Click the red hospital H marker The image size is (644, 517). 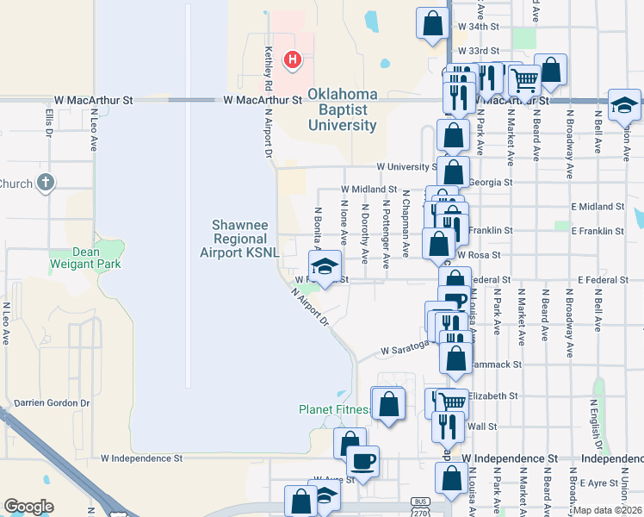click(x=293, y=59)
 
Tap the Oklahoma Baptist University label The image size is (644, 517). click(x=343, y=109)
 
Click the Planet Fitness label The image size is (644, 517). click(x=333, y=409)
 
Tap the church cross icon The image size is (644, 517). click(x=46, y=183)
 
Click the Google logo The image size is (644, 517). click(x=28, y=507)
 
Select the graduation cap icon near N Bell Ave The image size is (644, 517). click(x=624, y=105)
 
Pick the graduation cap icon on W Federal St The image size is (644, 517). click(x=325, y=266)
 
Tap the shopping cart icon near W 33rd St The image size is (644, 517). click(x=523, y=80)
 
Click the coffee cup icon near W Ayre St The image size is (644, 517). click(x=363, y=462)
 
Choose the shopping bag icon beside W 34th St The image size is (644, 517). click(x=432, y=23)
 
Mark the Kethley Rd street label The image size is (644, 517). click(x=269, y=69)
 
